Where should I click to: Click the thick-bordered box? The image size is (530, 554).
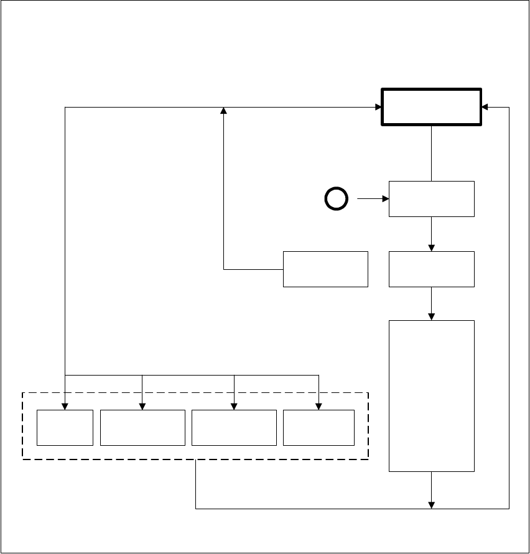point(431,107)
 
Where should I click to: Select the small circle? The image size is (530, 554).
point(336,199)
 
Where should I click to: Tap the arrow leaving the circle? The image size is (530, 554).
point(372,199)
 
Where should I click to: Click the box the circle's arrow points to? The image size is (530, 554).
point(431,199)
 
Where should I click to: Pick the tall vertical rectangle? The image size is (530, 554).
point(431,395)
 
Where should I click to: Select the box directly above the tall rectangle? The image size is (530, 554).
point(431,269)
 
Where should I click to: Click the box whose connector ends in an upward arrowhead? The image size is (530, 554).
point(325,269)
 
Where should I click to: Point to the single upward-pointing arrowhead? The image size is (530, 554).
point(224,111)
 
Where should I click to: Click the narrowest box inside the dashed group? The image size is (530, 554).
point(65,427)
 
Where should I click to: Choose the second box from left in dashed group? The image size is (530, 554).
point(142,427)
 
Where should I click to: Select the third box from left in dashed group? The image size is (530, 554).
point(234,427)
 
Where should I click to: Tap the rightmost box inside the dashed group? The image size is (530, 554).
point(318,427)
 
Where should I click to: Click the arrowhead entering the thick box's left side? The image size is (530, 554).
point(378,107)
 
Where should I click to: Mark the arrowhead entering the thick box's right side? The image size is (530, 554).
point(485,107)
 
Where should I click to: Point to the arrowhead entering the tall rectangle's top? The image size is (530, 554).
point(431,316)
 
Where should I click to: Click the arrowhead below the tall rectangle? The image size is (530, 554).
point(431,504)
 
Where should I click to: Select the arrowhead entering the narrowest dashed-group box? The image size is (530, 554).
point(65,406)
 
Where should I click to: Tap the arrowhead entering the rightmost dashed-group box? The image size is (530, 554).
point(318,406)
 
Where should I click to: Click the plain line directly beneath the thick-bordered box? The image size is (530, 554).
point(431,153)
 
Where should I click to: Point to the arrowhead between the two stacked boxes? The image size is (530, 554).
point(431,247)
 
